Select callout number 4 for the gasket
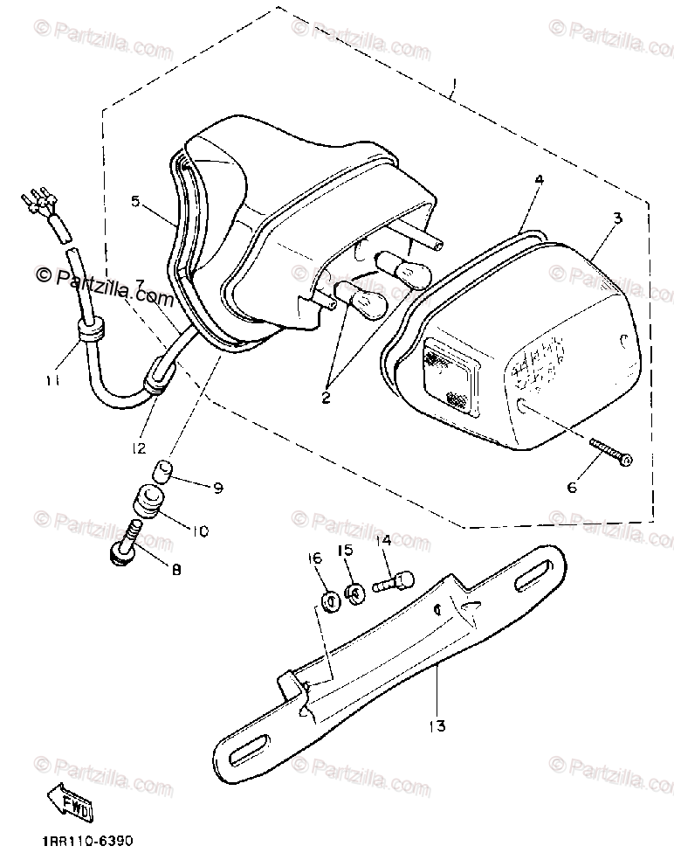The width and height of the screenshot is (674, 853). point(539,179)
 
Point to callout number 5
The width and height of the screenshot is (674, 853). point(135,201)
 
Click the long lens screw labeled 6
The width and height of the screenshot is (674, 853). point(612,453)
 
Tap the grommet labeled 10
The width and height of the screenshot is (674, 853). point(147,504)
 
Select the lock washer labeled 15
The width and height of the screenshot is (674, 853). point(354,593)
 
